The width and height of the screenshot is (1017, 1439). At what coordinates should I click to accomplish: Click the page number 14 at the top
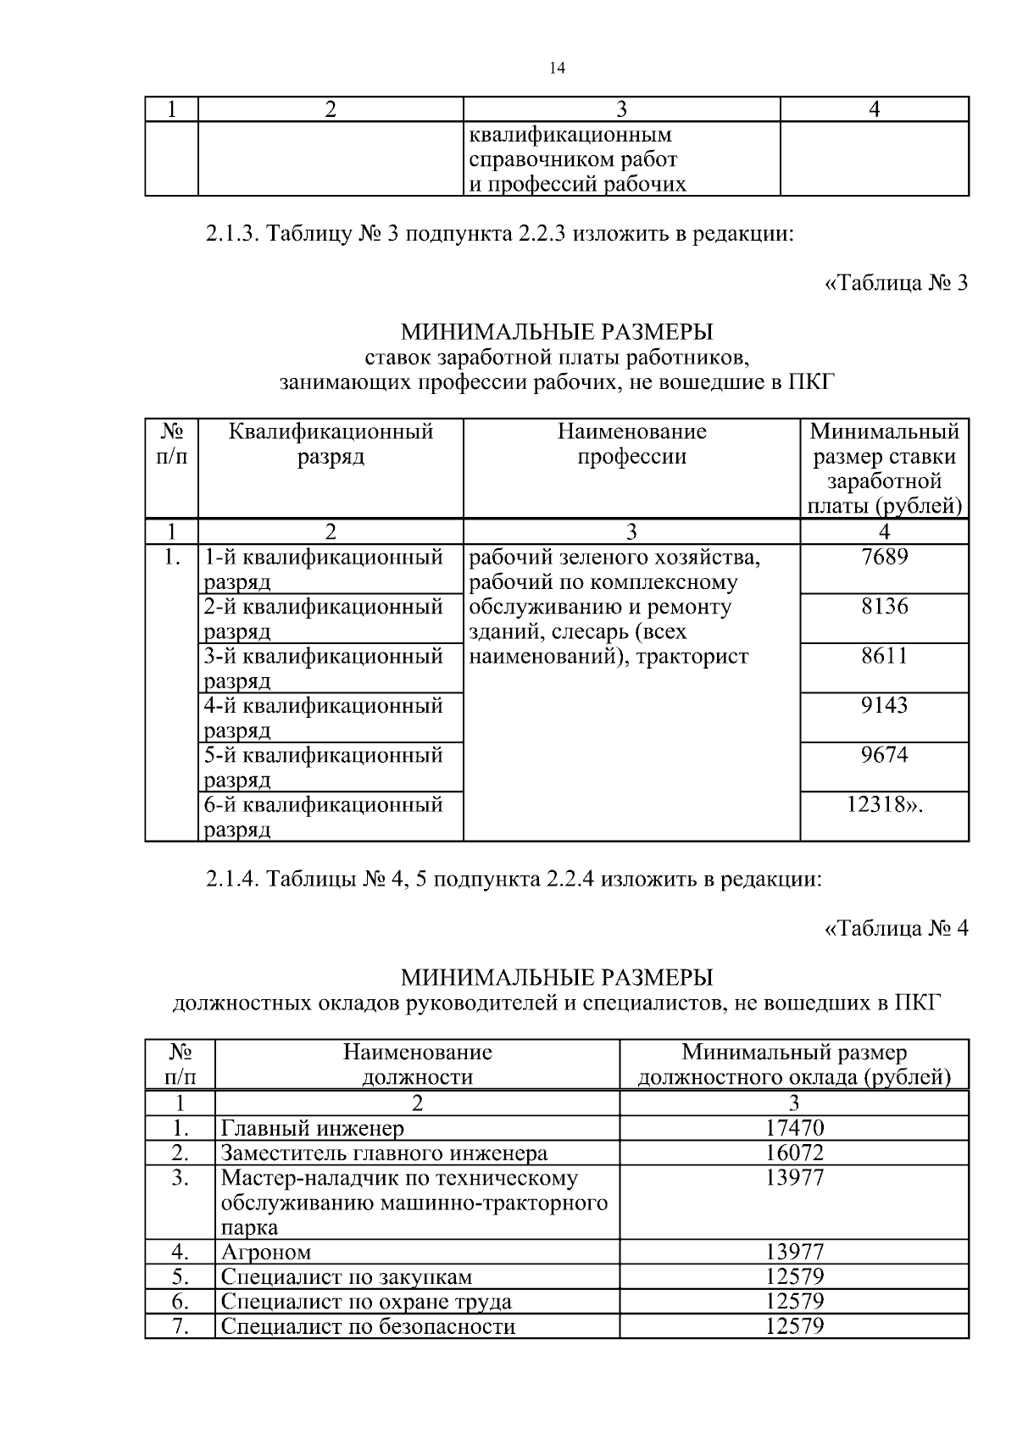[557, 69]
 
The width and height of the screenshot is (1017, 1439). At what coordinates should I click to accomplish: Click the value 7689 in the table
[884, 558]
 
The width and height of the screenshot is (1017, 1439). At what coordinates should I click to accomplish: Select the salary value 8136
[884, 607]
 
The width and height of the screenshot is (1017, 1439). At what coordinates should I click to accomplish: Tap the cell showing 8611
[884, 656]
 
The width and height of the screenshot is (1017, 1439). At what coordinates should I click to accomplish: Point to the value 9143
[884, 705]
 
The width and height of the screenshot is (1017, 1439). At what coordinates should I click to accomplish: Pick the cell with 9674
[884, 754]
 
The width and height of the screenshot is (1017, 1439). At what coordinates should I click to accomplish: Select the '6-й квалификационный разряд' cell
[323, 815]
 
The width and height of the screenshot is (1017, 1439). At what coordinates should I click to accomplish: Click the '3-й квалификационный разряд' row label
[323, 668]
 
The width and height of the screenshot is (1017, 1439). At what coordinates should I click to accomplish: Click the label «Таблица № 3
[895, 283]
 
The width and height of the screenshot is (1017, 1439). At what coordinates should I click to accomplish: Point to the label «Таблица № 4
[895, 929]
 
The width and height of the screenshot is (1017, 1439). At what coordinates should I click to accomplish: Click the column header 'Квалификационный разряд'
[331, 444]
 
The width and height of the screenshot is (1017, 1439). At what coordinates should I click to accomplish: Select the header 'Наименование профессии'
[631, 444]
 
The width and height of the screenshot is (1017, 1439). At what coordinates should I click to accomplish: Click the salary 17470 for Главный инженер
[794, 1128]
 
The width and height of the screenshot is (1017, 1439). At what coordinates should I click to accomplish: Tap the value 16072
[794, 1153]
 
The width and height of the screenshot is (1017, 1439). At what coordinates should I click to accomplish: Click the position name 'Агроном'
[266, 1252]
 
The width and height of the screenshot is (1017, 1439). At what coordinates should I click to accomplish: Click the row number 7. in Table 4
[180, 1325]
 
